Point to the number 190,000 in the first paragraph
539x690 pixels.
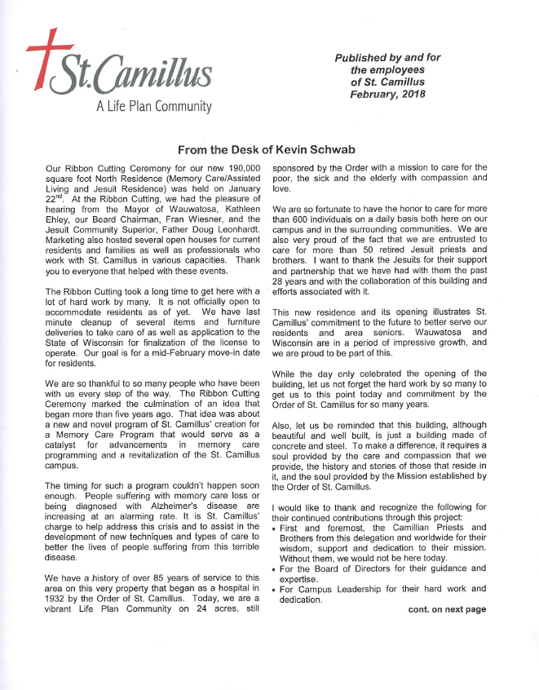(241, 168)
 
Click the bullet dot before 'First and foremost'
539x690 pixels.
(275, 529)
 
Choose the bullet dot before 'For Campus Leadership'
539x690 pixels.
(275, 590)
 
